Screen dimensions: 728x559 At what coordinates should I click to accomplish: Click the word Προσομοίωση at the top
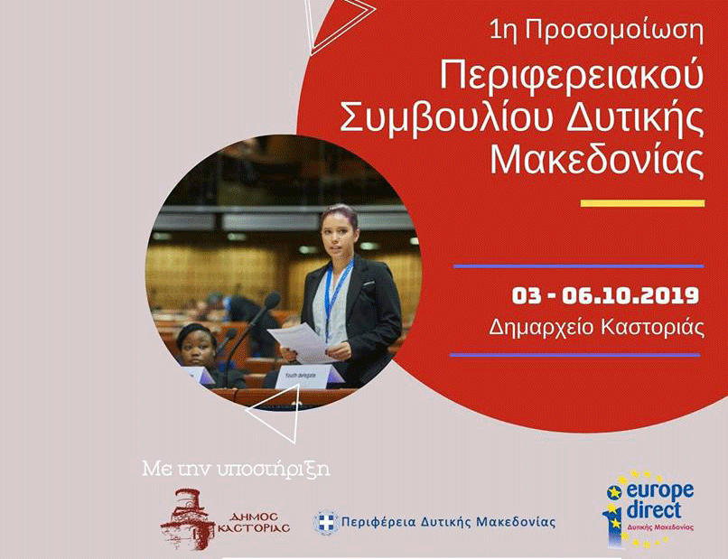click(616, 32)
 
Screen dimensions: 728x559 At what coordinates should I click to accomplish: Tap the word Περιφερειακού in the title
click(572, 77)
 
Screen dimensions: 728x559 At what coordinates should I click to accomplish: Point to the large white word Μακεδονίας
click(598, 160)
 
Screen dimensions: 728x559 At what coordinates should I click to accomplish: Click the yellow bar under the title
click(642, 203)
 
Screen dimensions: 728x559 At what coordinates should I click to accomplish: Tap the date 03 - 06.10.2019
click(605, 295)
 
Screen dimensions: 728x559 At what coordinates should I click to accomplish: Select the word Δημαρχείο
click(541, 328)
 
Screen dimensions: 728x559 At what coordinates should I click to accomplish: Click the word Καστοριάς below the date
click(653, 328)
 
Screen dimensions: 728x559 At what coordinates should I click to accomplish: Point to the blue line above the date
click(578, 266)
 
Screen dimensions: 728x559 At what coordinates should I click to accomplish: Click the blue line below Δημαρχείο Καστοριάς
click(574, 355)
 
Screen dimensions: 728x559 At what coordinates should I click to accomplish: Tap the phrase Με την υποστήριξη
click(237, 470)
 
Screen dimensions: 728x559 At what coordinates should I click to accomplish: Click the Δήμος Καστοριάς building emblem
click(188, 519)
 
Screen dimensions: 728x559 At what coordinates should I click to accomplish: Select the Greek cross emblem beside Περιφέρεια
click(325, 522)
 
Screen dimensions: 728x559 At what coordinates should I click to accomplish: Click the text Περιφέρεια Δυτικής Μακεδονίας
click(448, 522)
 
